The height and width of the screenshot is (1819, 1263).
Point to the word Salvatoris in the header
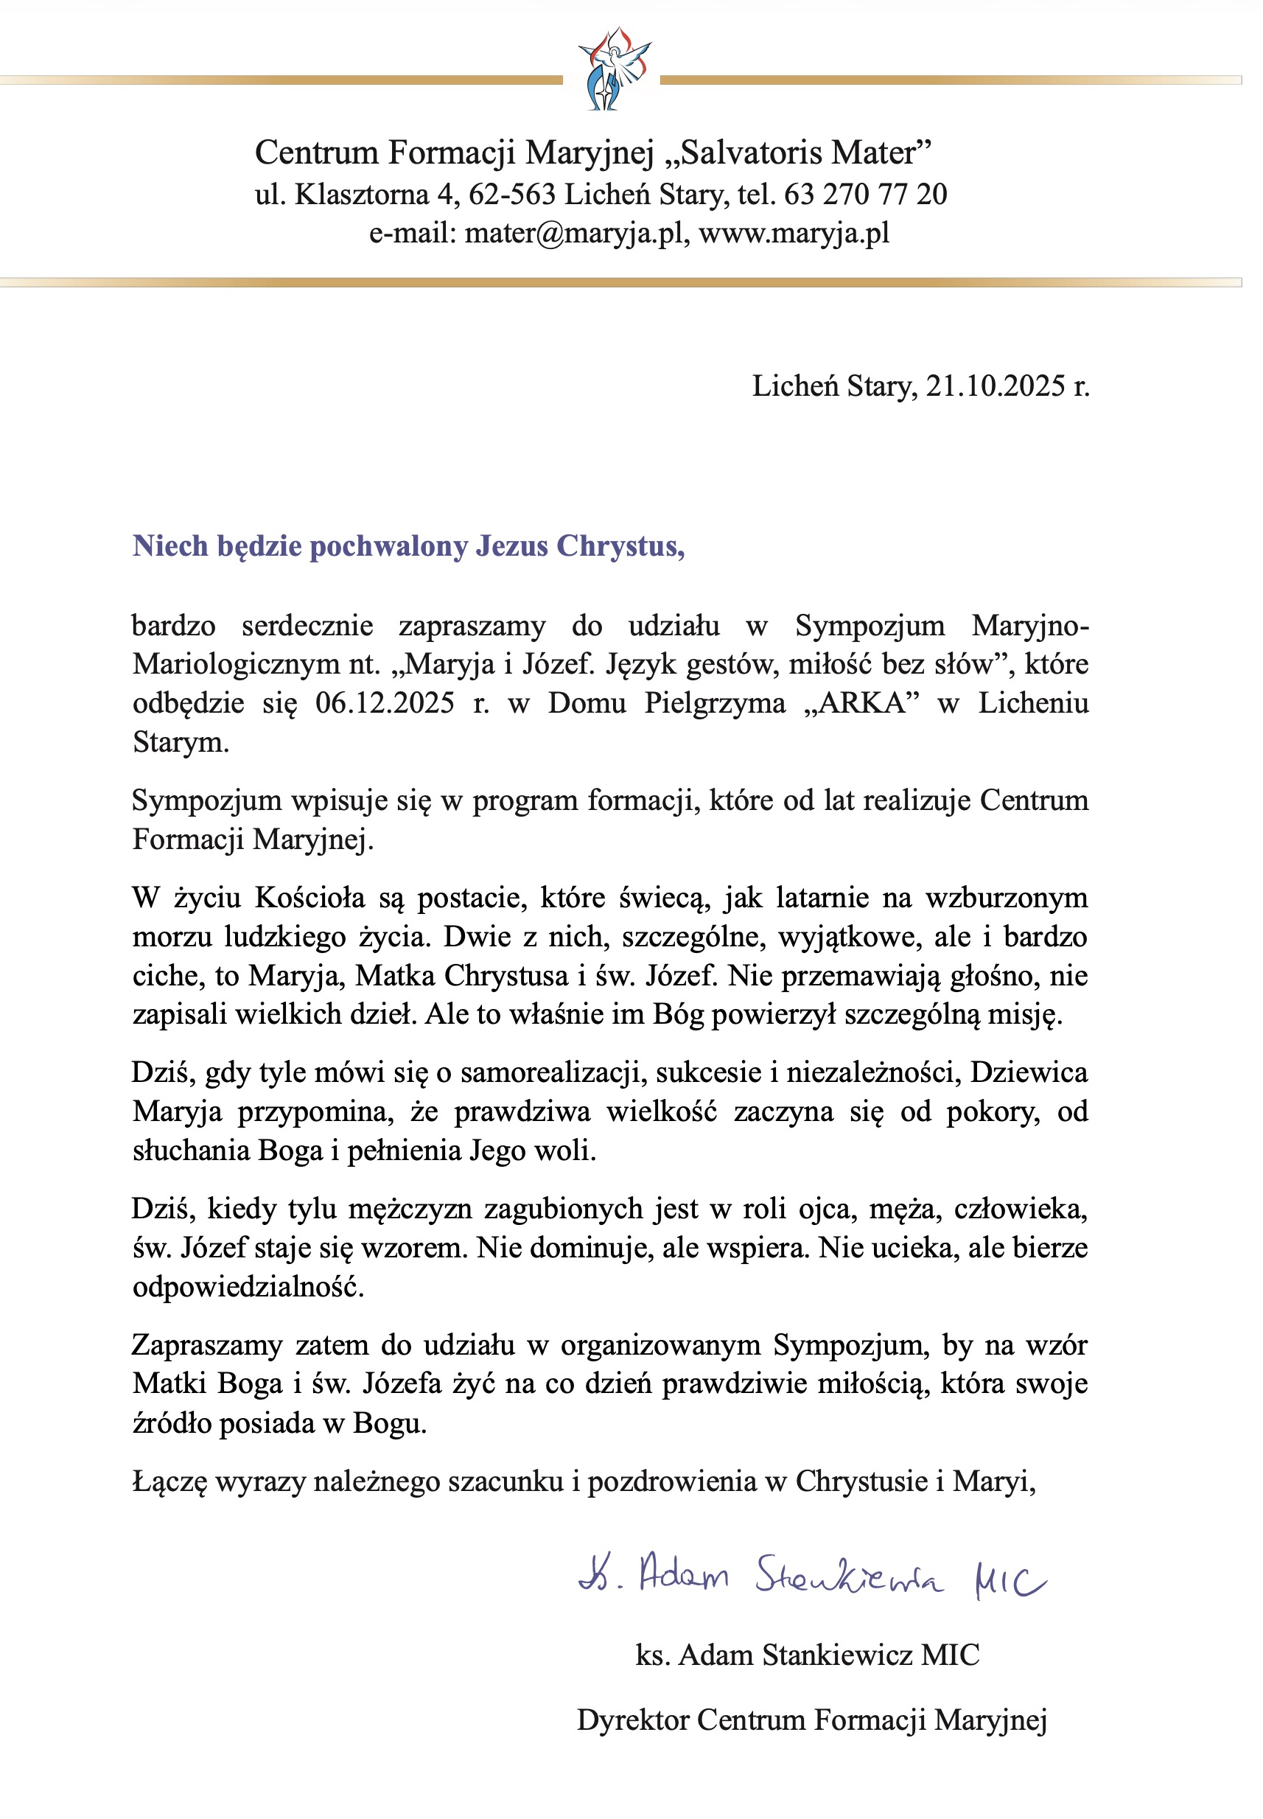[x=747, y=153]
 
